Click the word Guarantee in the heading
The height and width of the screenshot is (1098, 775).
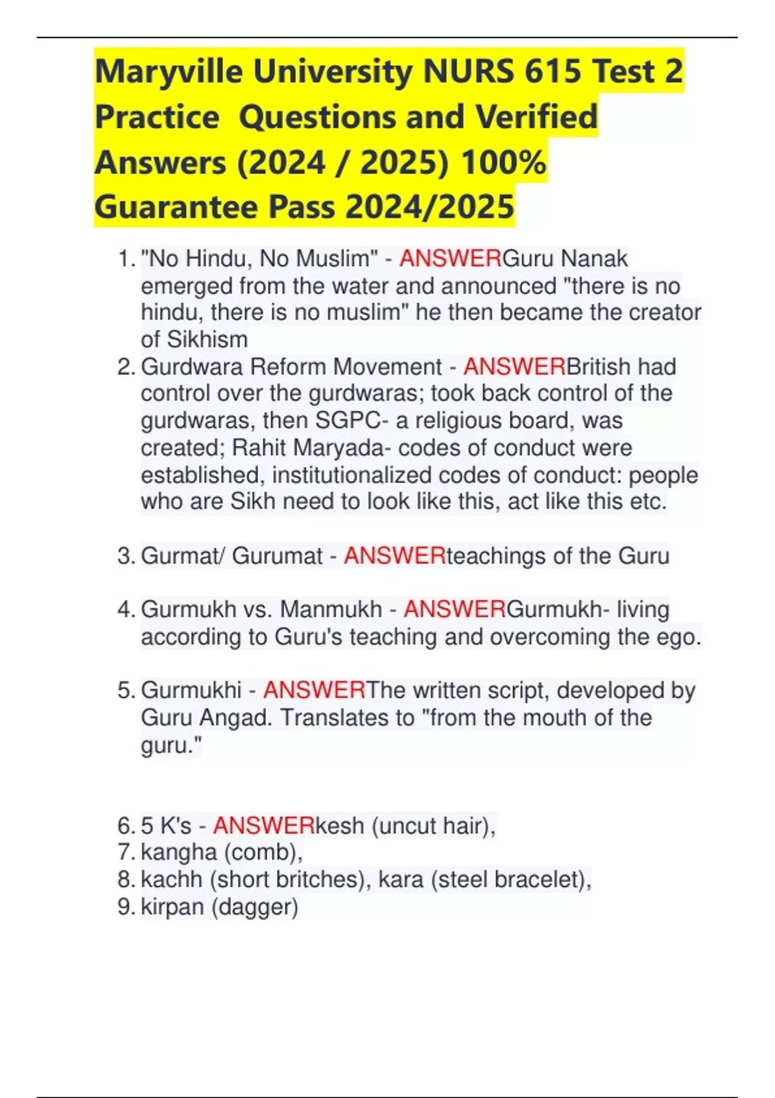point(176,207)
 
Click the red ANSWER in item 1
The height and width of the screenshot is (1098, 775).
point(450,259)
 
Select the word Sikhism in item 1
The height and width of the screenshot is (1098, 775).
point(207,340)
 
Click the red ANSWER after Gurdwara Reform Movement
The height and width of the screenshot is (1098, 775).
point(514,367)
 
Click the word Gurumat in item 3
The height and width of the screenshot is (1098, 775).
point(277,556)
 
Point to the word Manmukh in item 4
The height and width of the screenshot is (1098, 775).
point(331,610)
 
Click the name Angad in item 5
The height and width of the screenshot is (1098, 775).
point(235,718)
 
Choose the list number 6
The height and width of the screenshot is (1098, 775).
point(125,826)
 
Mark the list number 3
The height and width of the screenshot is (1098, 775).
point(125,556)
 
